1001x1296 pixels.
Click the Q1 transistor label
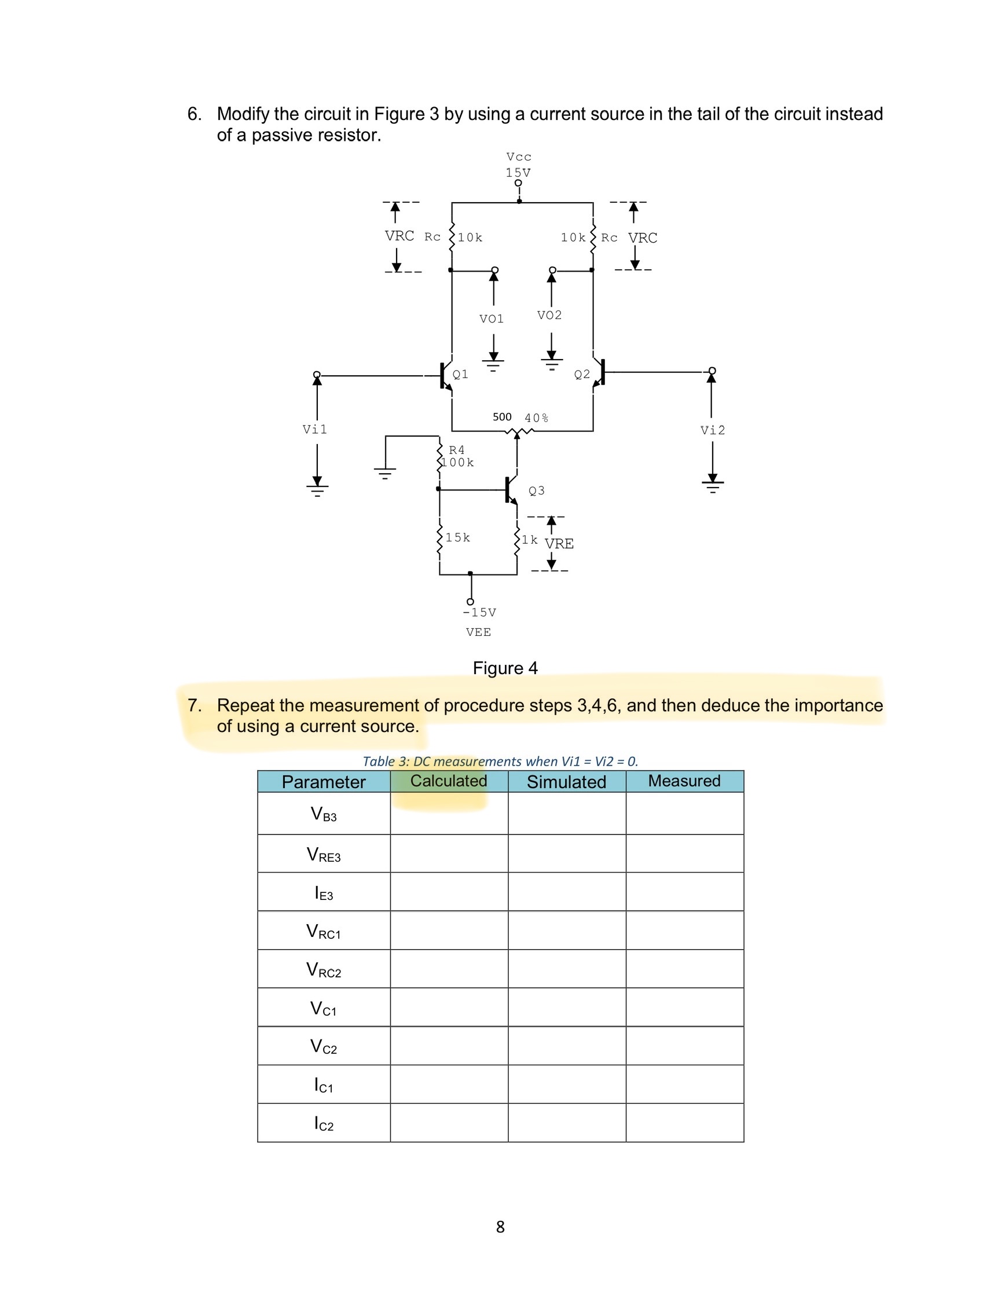tap(460, 375)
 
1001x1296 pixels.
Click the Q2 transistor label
tap(582, 375)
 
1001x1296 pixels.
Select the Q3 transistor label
tap(537, 490)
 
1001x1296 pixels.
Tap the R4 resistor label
tap(456, 451)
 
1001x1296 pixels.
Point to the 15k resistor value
tap(457, 537)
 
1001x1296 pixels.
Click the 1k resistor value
tap(529, 539)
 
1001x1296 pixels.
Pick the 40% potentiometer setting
tap(537, 418)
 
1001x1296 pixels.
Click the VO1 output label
tap(492, 319)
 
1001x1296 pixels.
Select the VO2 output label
tap(549, 315)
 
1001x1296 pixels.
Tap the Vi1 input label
tap(314, 430)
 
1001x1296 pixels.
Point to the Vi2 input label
tap(713, 430)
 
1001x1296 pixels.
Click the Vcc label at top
tap(519, 157)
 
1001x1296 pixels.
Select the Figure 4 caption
tap(505, 668)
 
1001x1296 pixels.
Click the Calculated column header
tap(449, 781)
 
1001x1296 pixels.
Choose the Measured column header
tap(684, 781)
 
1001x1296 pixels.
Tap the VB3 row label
tap(324, 814)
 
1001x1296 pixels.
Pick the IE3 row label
tap(324, 893)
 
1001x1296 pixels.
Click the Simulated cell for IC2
tap(567, 1123)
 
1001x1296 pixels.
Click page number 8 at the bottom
tap(500, 1227)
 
